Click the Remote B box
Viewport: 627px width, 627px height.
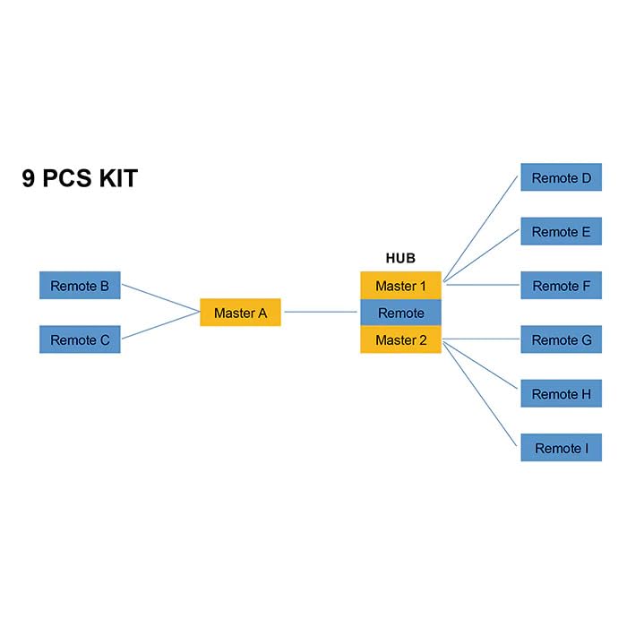coord(80,286)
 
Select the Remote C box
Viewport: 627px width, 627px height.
coord(80,339)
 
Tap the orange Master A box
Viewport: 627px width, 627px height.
coord(240,313)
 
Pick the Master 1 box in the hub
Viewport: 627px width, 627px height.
coord(400,286)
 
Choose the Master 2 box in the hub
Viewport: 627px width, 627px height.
coord(400,339)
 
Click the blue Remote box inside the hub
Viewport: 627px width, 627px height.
coord(400,313)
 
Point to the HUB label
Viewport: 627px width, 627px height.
coord(400,258)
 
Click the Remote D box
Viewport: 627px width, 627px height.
coord(561,177)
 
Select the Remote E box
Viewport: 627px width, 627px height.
coord(561,231)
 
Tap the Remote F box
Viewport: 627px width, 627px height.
coord(561,286)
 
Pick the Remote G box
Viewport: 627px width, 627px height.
coord(561,339)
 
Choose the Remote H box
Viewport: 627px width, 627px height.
coord(561,393)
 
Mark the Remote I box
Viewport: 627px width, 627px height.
coord(561,447)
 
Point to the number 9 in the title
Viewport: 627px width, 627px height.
coord(30,178)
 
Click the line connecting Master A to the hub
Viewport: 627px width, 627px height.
coord(321,312)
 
